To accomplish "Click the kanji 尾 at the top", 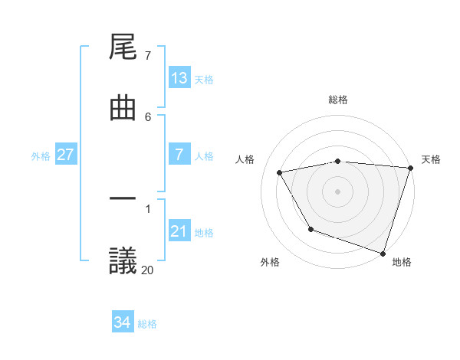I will coord(123,47).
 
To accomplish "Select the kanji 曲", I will coord(123,108).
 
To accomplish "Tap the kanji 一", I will coord(123,200).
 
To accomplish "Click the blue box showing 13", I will coord(179,78).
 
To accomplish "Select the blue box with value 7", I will coord(179,155).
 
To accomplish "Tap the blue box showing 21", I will coord(179,231).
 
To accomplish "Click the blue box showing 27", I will coord(66,155).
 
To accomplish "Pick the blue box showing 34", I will coord(123,322).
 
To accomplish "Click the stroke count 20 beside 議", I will coord(147,269).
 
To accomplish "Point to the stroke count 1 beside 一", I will coord(147,208).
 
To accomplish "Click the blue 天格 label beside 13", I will coord(203,80).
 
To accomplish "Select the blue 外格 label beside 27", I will coord(41,156).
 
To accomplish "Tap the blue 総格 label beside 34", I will coord(147,324).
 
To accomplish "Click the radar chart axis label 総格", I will coord(338,100).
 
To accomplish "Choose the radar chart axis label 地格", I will coord(402,262).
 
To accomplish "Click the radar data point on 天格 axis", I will coord(410,167).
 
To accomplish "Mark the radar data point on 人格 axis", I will coord(280,172).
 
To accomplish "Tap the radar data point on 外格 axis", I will coord(310,229).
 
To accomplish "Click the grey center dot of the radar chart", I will coord(338,191).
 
